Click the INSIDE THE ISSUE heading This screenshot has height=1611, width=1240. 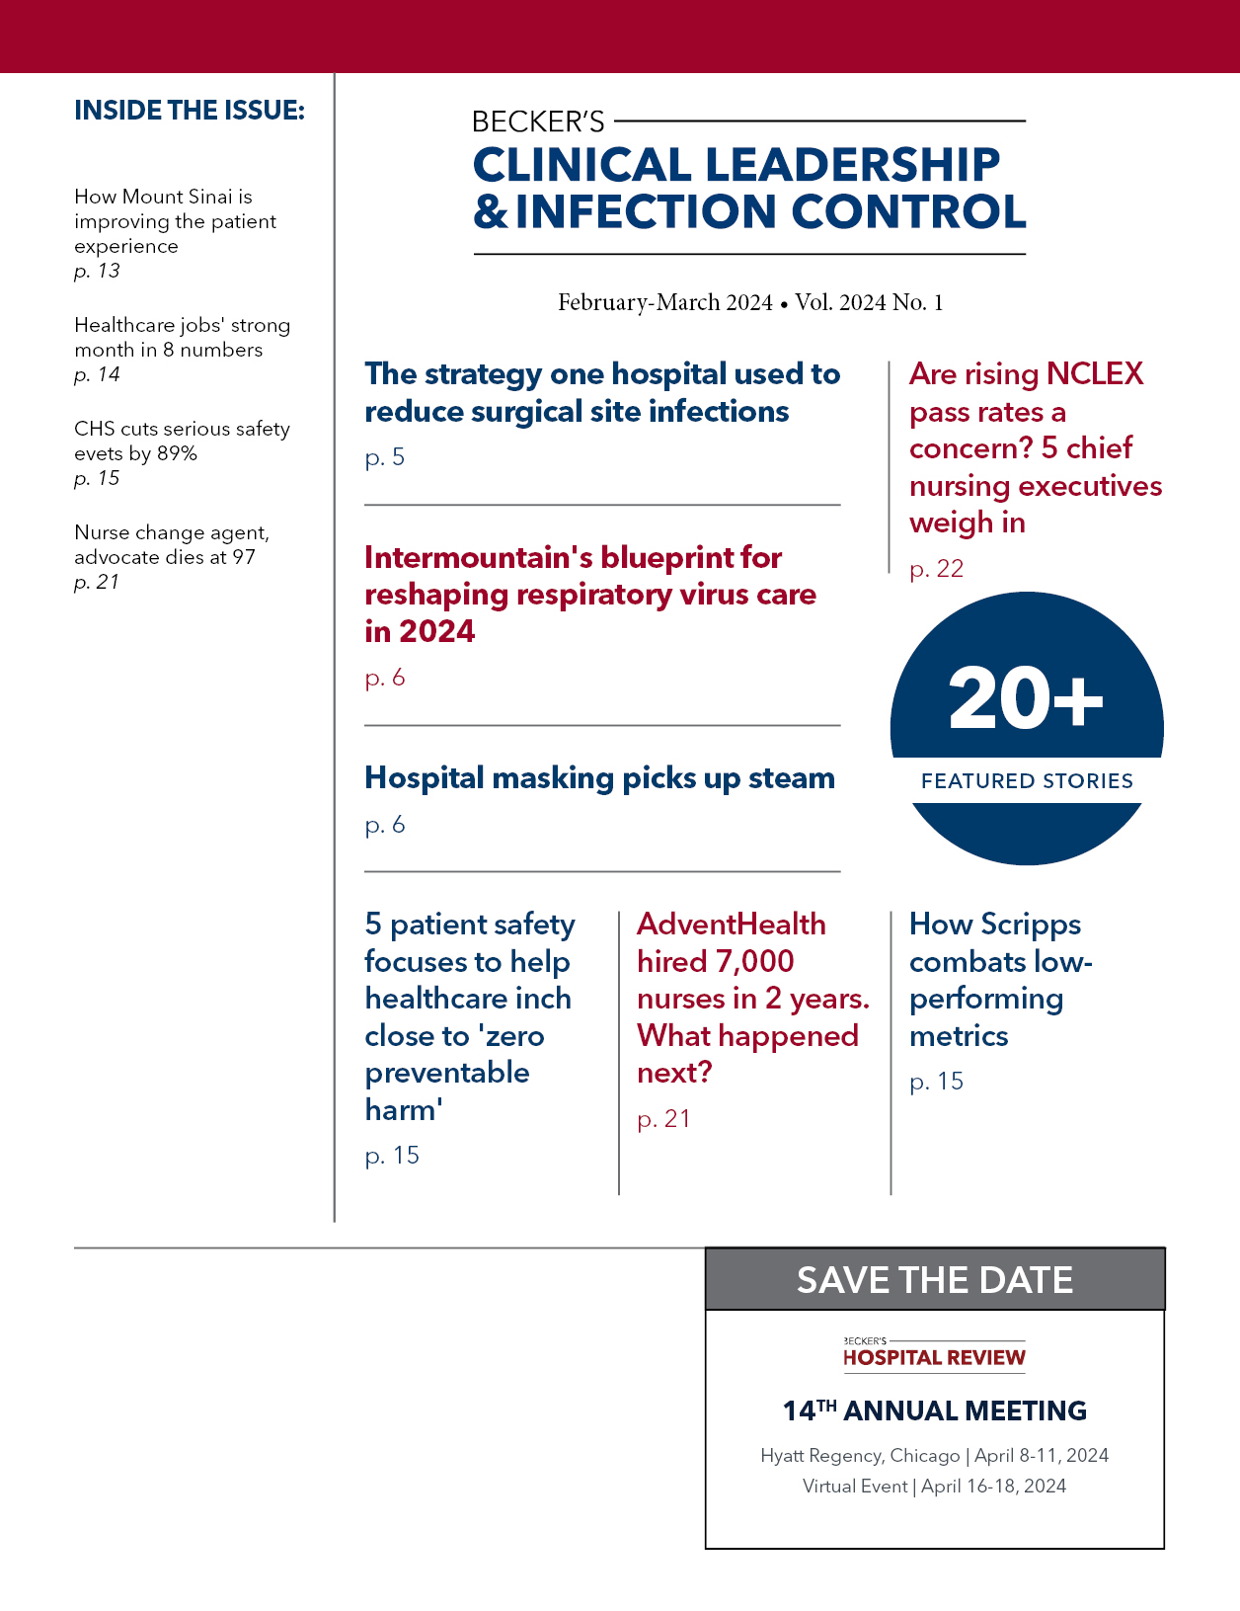coord(190,111)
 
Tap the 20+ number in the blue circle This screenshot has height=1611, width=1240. coord(1026,698)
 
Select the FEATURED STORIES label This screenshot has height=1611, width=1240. coord(1027,781)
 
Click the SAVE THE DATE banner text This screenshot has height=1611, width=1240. coord(934,1280)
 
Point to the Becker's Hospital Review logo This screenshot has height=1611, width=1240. coord(934,1354)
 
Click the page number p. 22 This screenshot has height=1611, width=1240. coord(936,569)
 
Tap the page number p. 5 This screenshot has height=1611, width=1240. coord(385,457)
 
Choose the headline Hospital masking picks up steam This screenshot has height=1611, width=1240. coord(599,778)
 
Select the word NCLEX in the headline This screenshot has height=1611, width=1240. coord(1094,374)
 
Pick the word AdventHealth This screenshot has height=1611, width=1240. coord(731,925)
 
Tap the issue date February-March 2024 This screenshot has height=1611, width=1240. coord(664,302)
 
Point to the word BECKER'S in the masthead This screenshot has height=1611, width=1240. coord(538,121)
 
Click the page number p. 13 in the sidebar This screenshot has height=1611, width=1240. coord(97,271)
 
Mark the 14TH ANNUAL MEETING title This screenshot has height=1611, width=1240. coord(934,1410)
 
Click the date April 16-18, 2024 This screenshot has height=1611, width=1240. coord(993,1487)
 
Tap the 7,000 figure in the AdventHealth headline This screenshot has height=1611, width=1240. coord(755,961)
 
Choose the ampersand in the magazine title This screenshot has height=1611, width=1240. coord(491,211)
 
